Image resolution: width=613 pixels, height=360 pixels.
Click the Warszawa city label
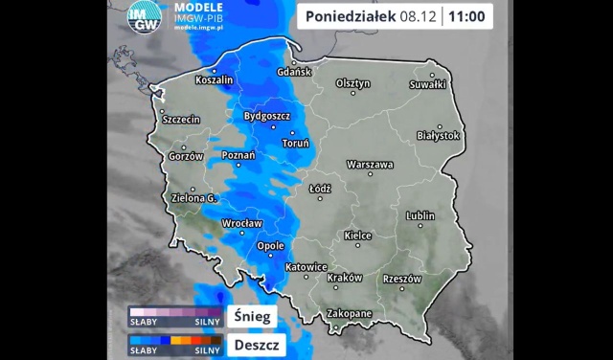pyautogui.click(x=371, y=165)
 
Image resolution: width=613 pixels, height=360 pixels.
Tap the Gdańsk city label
pyautogui.click(x=295, y=72)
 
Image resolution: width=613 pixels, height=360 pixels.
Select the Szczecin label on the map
pyautogui.click(x=180, y=120)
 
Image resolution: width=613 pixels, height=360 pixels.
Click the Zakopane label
pyautogui.click(x=348, y=313)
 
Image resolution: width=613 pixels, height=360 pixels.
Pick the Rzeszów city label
pyautogui.click(x=401, y=279)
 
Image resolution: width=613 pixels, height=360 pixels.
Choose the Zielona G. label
pyautogui.click(x=194, y=198)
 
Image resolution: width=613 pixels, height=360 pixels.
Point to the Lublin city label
pyautogui.click(x=420, y=216)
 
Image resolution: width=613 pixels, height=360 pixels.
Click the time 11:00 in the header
pyautogui.click(x=466, y=16)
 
